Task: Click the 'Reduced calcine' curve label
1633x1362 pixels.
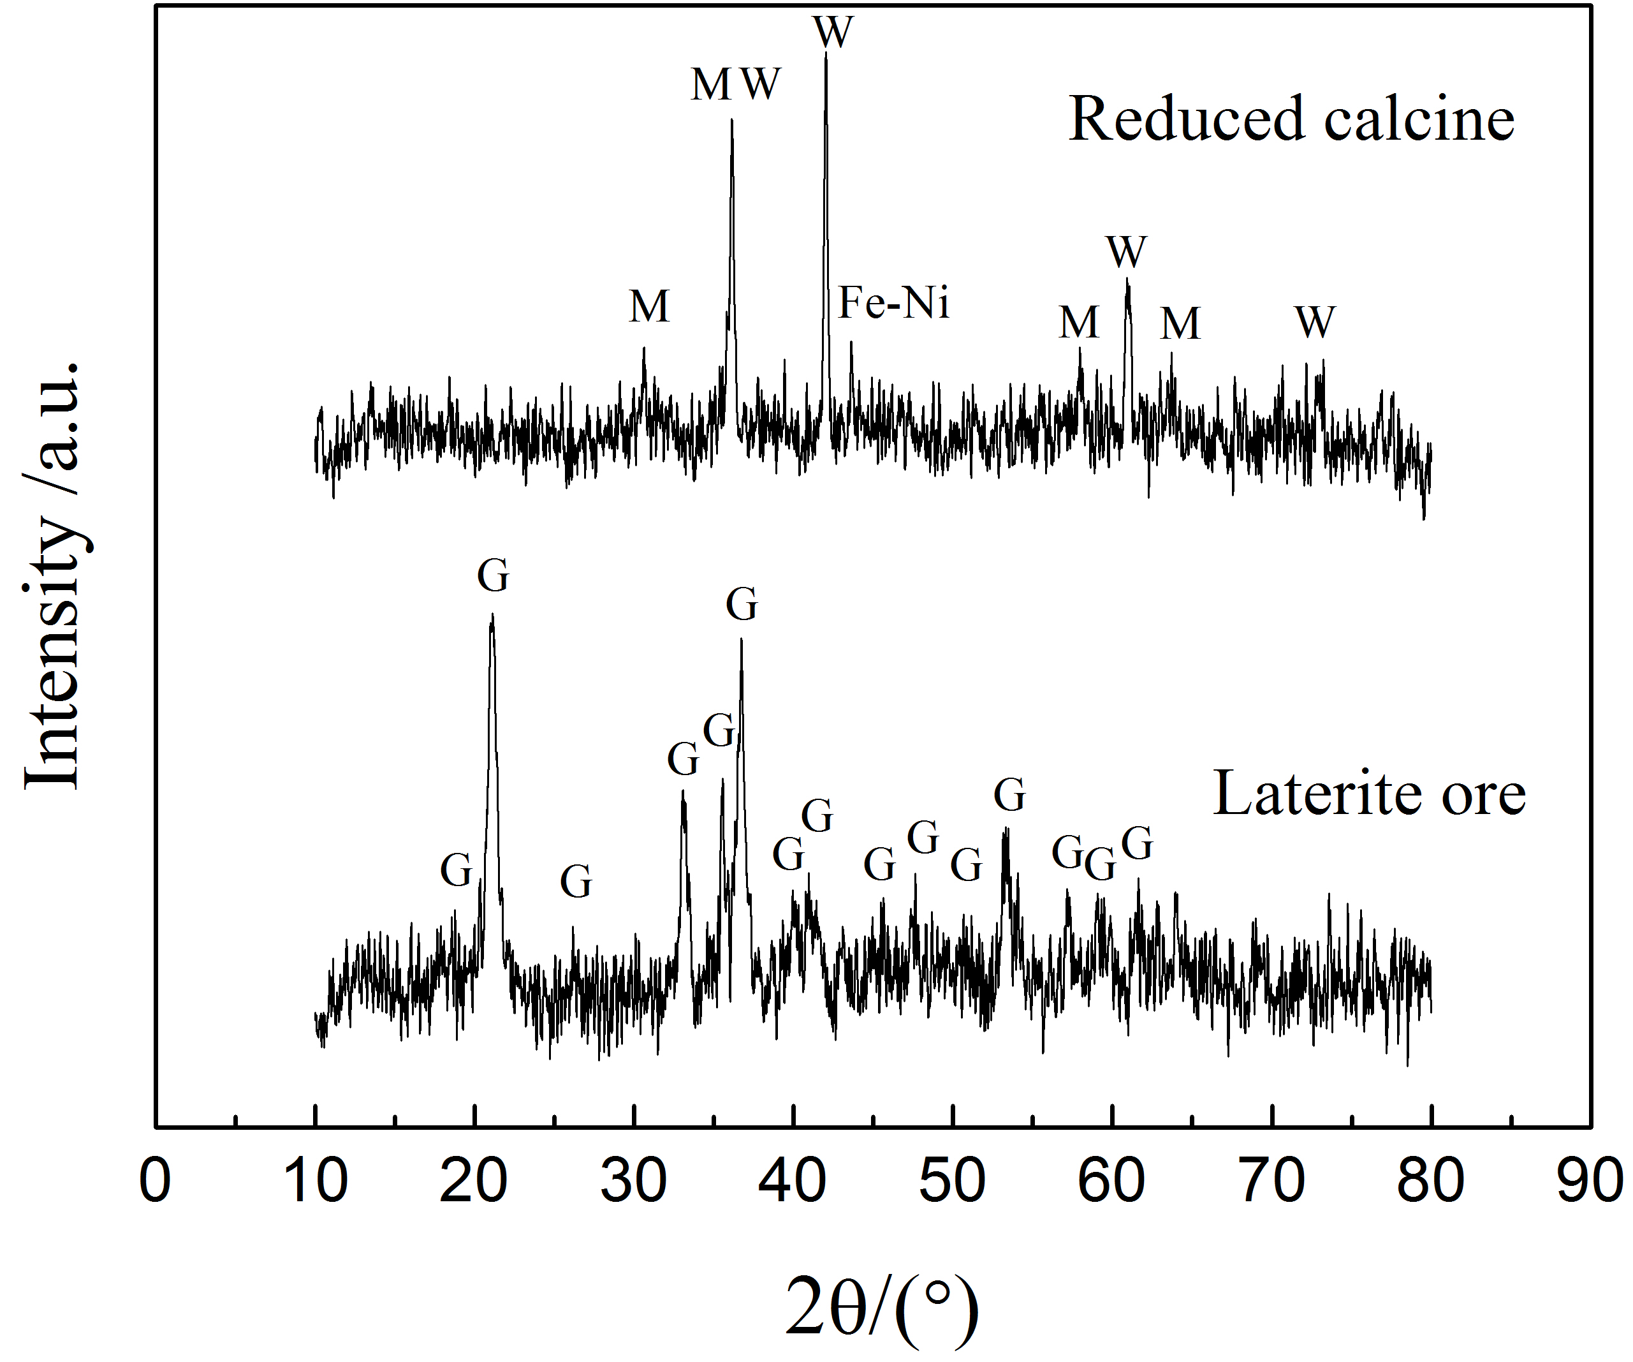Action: pos(1291,119)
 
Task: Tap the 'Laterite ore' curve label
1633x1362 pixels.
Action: pos(1368,794)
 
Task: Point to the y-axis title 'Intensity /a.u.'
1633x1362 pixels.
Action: pos(53,575)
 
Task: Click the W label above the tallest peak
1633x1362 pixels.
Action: pos(833,33)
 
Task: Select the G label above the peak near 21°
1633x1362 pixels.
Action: pos(493,577)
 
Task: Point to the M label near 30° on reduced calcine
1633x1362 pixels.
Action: pos(648,306)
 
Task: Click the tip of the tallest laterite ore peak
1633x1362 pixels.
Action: pos(492,616)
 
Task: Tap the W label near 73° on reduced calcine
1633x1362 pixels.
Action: pos(1315,322)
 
